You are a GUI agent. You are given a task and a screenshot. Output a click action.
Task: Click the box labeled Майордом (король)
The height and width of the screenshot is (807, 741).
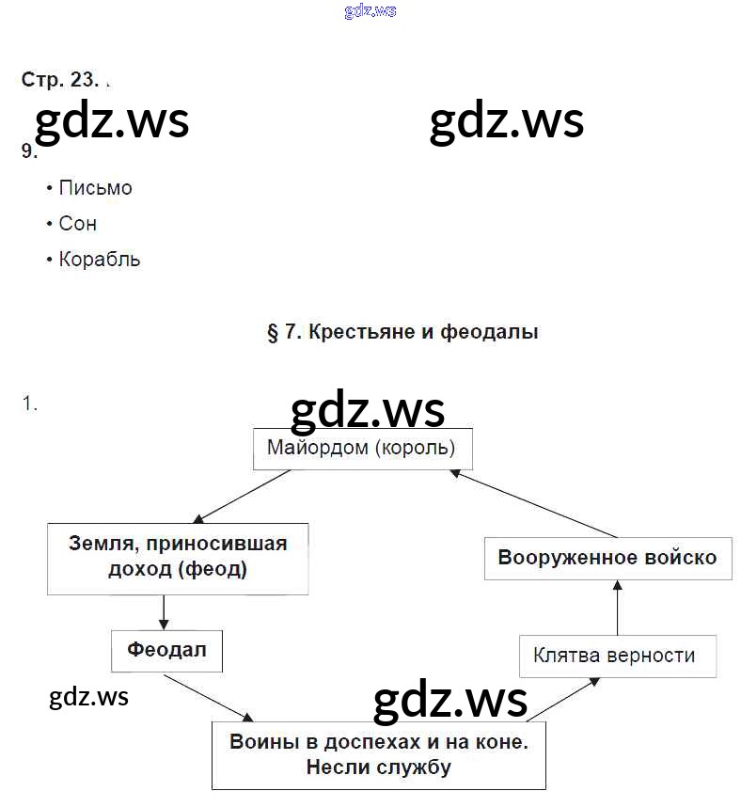pyautogui.click(x=362, y=449)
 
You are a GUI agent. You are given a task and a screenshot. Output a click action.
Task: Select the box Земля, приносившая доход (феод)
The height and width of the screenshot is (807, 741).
pyautogui.click(x=178, y=558)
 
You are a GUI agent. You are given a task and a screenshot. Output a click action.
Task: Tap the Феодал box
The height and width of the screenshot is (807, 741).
pyautogui.click(x=166, y=650)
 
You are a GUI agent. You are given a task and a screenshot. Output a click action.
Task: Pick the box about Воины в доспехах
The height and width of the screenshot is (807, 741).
pyautogui.click(x=378, y=754)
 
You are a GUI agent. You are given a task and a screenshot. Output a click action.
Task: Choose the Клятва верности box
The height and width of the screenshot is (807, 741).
pyautogui.click(x=617, y=656)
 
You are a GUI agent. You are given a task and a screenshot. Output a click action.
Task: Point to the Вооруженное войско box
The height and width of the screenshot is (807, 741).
pyautogui.click(x=607, y=558)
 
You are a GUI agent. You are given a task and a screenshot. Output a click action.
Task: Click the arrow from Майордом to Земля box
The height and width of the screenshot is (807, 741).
pyautogui.click(x=242, y=496)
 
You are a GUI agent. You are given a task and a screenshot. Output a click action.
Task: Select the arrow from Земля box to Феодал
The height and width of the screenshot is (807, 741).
pyautogui.click(x=165, y=612)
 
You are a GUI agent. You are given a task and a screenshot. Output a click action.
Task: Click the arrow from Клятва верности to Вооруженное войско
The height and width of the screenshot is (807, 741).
pyautogui.click(x=617, y=608)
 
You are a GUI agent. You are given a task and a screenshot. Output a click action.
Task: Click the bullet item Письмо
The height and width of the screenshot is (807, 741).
pyautogui.click(x=95, y=188)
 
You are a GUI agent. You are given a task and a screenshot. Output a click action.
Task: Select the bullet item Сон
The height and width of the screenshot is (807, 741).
pyautogui.click(x=77, y=224)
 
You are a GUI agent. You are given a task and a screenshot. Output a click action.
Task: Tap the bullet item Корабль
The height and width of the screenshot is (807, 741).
pyautogui.click(x=99, y=260)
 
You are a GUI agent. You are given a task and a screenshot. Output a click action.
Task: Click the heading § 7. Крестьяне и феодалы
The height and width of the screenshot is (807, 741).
pyautogui.click(x=402, y=332)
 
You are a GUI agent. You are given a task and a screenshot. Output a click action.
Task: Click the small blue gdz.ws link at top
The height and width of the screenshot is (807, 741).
pyautogui.click(x=370, y=11)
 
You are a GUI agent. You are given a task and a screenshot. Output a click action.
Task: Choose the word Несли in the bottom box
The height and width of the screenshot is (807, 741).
pyautogui.click(x=336, y=767)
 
